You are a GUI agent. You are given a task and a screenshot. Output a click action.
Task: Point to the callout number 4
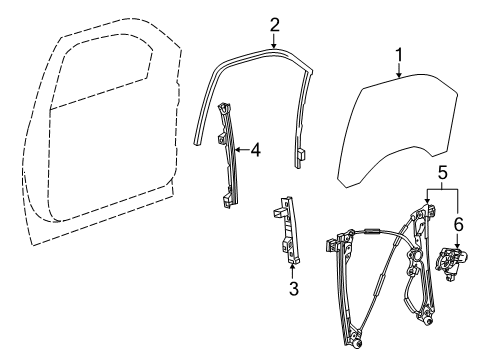coord(255,151)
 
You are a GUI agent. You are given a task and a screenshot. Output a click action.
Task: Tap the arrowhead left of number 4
coord(237,151)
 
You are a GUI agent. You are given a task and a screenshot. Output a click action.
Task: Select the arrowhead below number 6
coord(458,246)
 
